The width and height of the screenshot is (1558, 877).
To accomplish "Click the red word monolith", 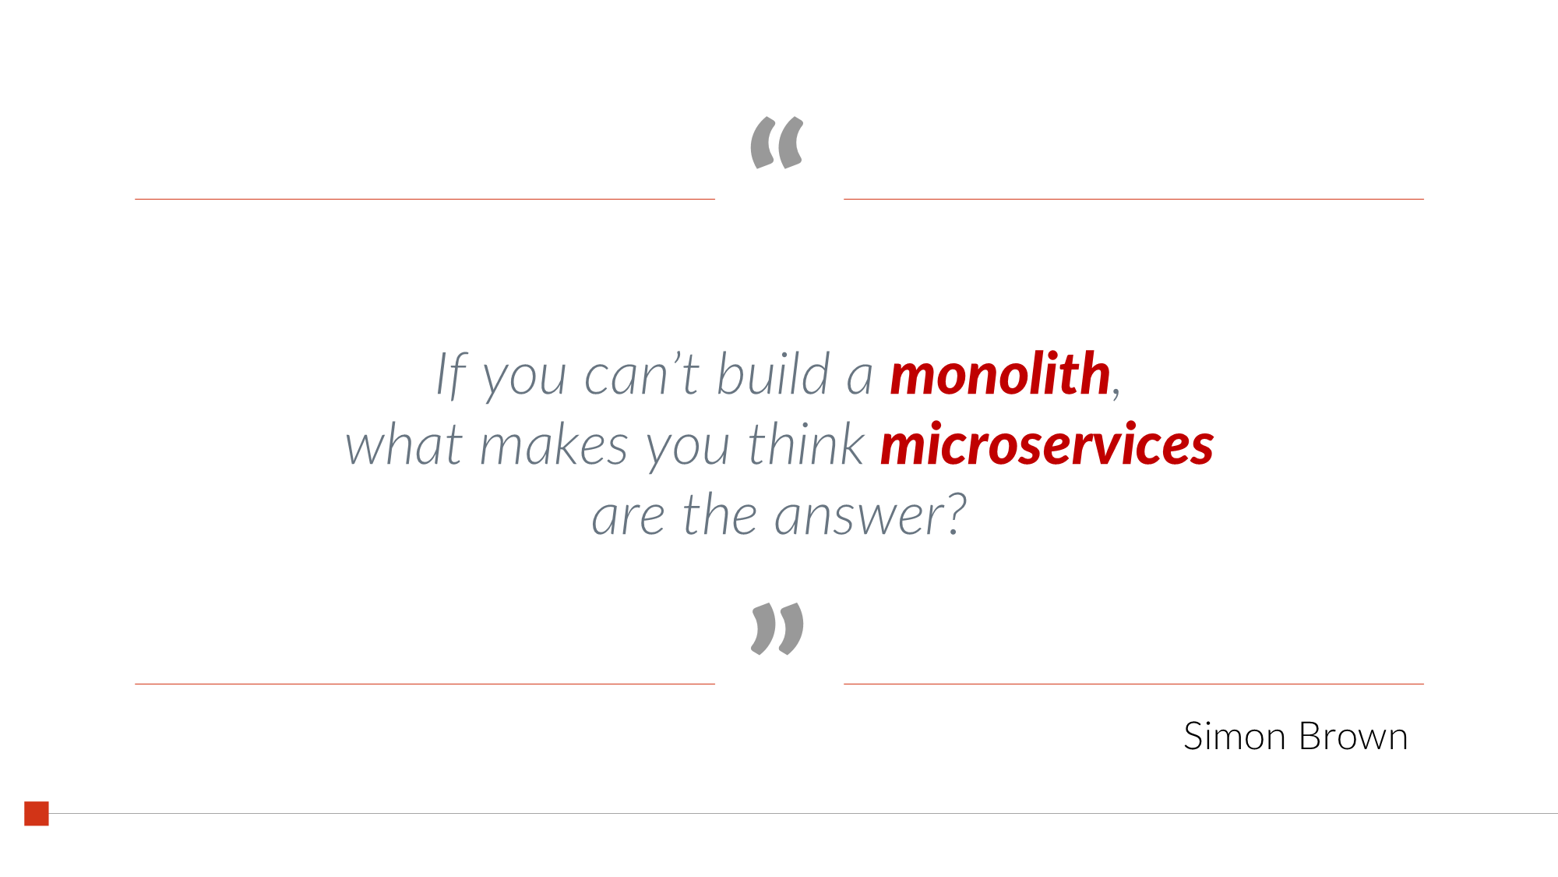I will tap(999, 375).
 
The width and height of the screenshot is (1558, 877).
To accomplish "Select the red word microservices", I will tap(1046, 445).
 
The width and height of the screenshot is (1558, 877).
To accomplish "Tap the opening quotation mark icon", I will tap(777, 143).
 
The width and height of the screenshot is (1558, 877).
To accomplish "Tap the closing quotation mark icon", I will tap(777, 628).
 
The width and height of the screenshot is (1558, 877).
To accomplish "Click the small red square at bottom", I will tap(37, 813).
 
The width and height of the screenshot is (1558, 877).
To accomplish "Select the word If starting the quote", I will tap(451, 375).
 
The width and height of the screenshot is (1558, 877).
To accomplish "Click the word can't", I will tap(642, 375).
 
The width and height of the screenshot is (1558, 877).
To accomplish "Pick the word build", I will tap(773, 375).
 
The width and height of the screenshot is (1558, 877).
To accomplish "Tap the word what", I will tap(404, 445).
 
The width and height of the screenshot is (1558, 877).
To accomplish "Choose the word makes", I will tap(553, 445).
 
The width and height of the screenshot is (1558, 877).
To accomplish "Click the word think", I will tap(805, 445).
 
